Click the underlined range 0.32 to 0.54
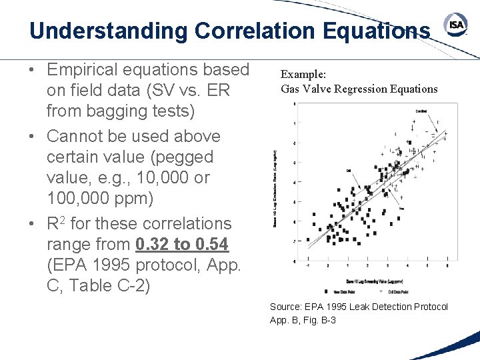coord(182,245)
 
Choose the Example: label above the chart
coord(303,75)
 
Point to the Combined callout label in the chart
coord(421,111)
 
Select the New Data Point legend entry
coord(339,291)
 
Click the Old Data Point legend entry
coord(397,291)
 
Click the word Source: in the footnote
coord(285,307)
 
